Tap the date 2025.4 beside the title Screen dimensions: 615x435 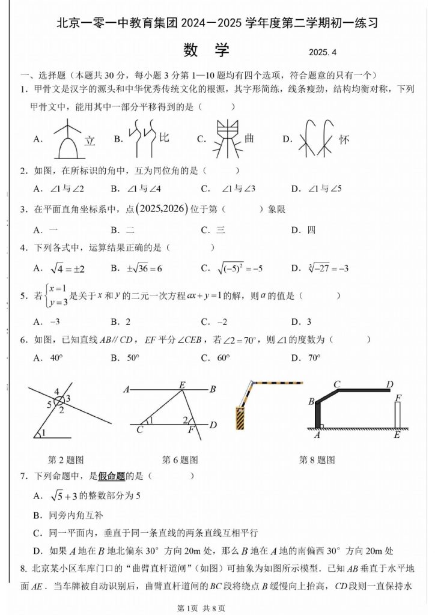pyautogui.click(x=324, y=53)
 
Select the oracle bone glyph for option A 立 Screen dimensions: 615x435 pyautogui.click(x=67, y=138)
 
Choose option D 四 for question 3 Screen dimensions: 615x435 pyautogui.click(x=303, y=230)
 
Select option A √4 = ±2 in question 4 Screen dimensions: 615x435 pyautogui.click(x=59, y=268)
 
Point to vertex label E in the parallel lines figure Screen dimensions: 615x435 pyautogui.click(x=183, y=384)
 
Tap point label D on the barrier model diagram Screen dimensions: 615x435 pyautogui.click(x=389, y=384)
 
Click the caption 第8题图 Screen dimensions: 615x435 pyautogui.click(x=317, y=460)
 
